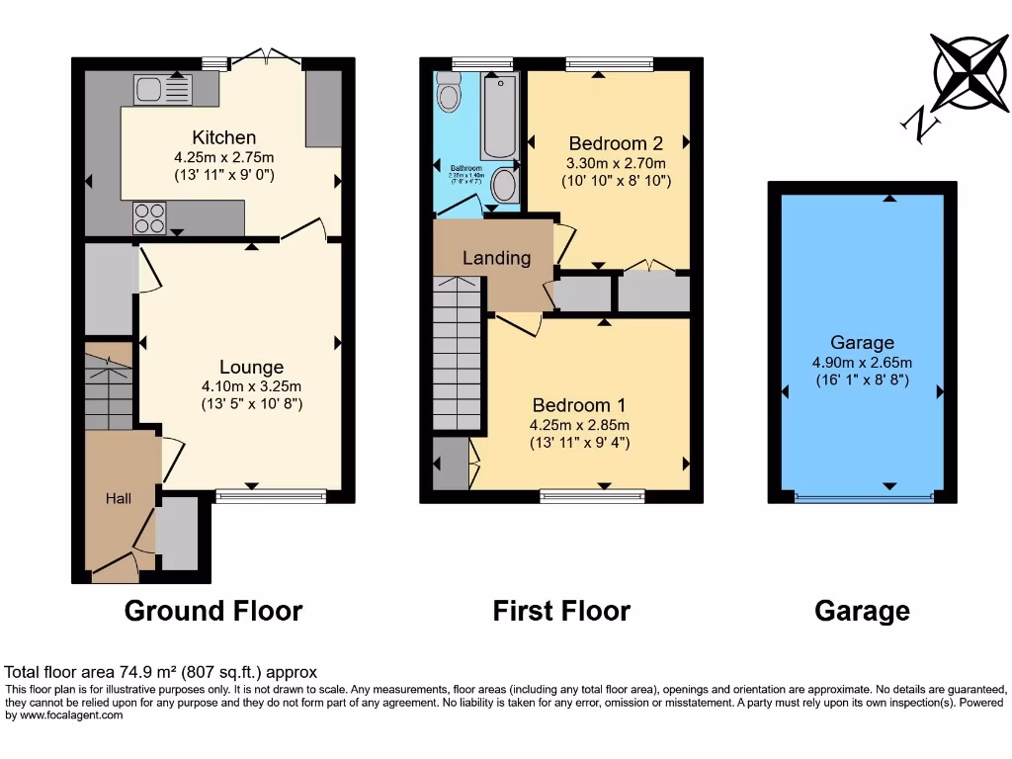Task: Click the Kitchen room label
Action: point(223,137)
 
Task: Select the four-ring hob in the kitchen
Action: point(149,217)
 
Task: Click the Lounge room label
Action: point(251,367)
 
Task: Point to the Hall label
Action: point(119,498)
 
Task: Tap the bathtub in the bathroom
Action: point(499,116)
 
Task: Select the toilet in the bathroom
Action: point(449,96)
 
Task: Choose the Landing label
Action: point(496,258)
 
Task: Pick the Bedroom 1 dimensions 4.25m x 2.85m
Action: point(579,425)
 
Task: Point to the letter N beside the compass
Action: point(919,124)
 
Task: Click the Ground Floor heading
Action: point(212,611)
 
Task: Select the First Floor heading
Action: point(561,611)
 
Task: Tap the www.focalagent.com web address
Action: point(64,715)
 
